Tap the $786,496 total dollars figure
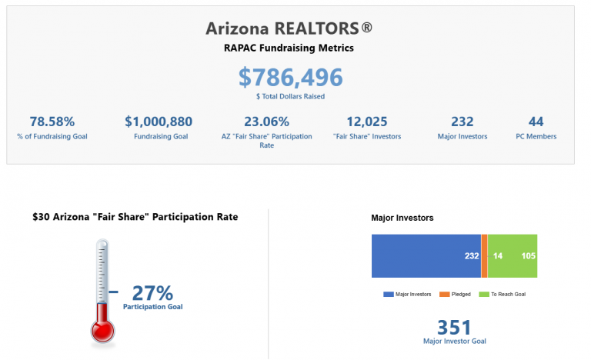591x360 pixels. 290,77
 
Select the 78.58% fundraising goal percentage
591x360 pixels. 52,122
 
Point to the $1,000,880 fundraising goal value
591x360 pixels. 159,122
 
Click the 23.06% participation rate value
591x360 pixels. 266,122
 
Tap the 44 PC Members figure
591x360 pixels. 536,122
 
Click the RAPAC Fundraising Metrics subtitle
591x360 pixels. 289,48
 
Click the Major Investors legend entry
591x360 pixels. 406,294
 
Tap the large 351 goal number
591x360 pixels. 454,327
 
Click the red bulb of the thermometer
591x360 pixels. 102,329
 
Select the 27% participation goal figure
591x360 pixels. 152,293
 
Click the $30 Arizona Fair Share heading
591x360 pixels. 135,217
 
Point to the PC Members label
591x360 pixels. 536,137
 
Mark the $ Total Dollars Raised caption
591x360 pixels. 289,96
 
